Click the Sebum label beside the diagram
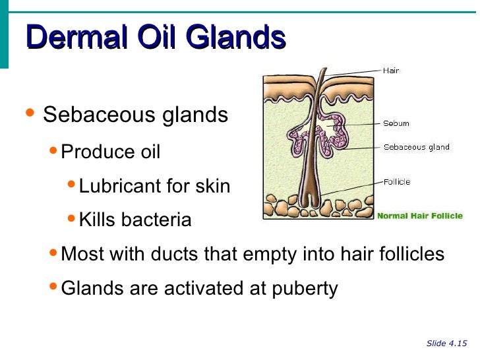396,123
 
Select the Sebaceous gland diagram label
416,147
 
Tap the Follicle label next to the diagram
397,181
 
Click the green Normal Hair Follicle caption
419,216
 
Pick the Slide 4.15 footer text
446,343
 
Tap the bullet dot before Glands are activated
53,286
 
